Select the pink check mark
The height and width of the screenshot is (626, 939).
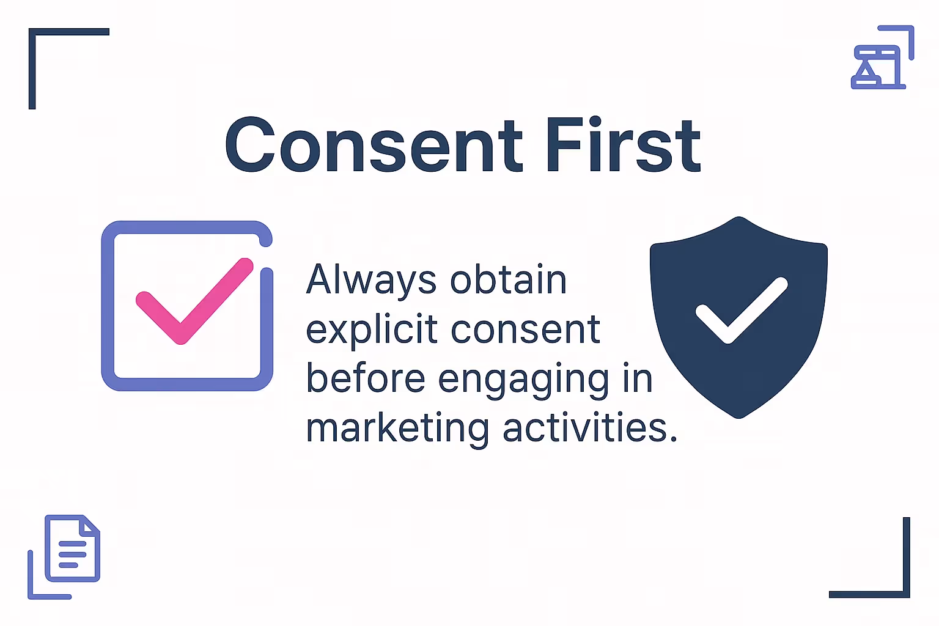coord(194,300)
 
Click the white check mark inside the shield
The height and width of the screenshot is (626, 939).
coord(741,310)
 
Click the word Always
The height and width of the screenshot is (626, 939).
coord(371,281)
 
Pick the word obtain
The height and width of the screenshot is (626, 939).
coord(509,281)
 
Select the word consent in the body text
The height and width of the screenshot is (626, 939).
coord(526,331)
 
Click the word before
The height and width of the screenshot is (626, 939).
coord(366,379)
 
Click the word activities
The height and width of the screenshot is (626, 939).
coord(584,428)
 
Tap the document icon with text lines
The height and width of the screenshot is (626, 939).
coord(72,549)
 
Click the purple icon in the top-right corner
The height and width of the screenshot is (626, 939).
coord(880,60)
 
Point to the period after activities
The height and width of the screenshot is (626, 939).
coord(674,439)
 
